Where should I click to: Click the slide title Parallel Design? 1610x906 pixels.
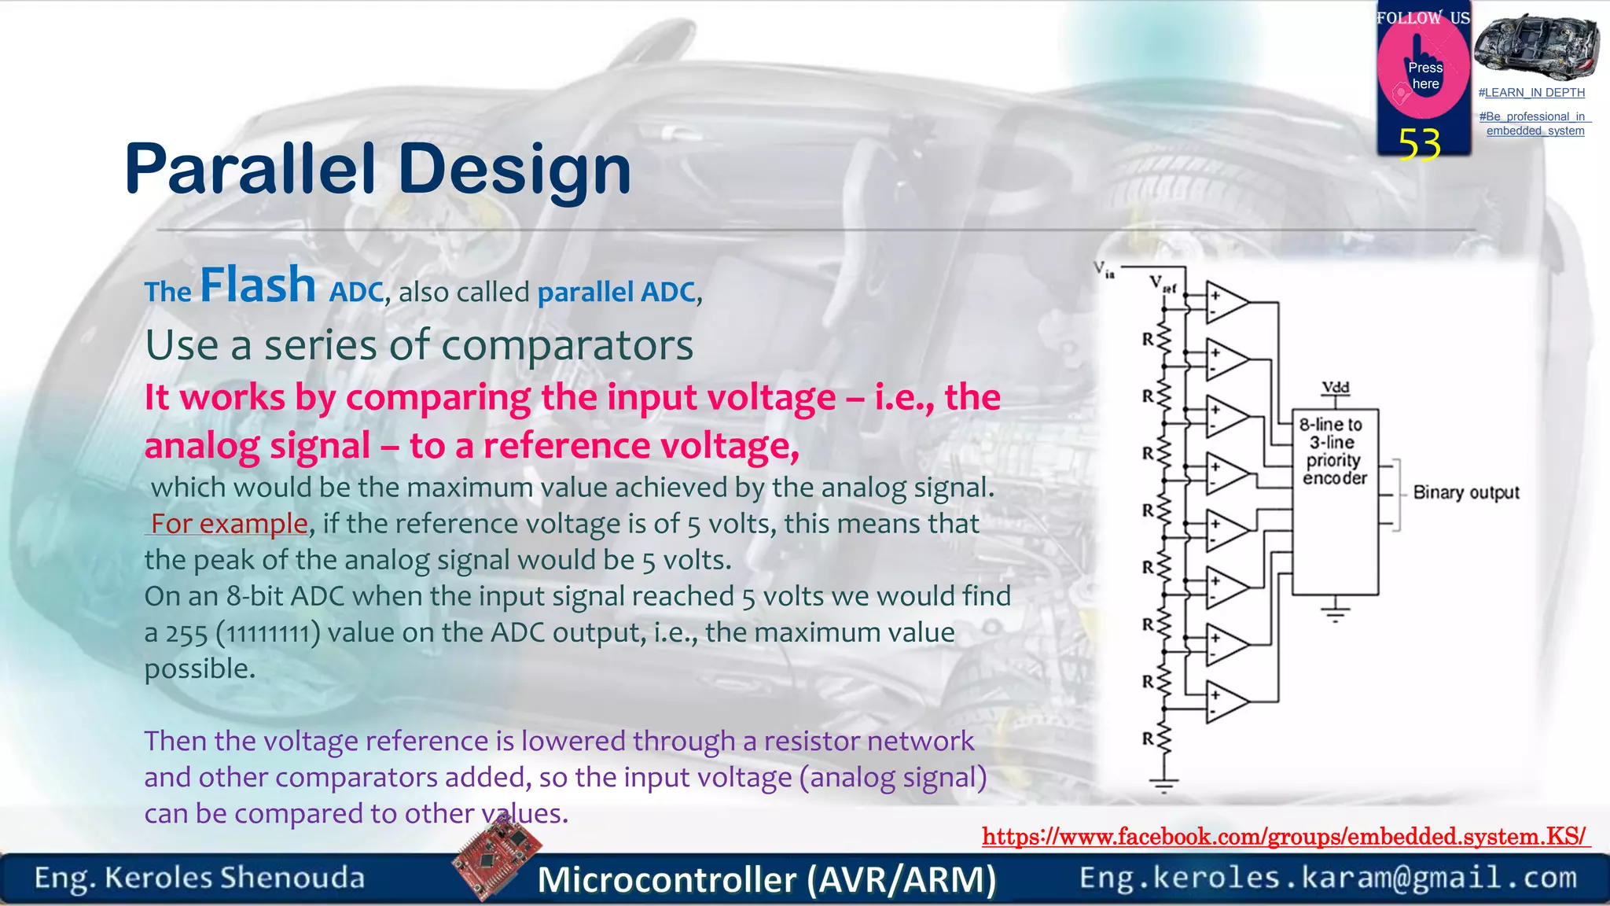click(377, 169)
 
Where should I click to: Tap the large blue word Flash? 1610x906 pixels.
click(258, 285)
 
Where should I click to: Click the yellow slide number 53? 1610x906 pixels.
click(1419, 145)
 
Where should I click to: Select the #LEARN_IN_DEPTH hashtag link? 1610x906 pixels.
click(1531, 93)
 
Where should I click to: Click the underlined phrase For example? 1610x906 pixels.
click(229, 524)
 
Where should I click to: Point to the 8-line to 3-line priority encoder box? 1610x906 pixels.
click(1335, 501)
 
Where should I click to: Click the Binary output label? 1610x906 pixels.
click(1465, 493)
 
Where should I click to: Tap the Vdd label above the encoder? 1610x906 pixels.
click(1335, 388)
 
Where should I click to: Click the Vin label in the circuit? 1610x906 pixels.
click(1104, 270)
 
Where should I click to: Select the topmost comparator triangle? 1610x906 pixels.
click(1226, 303)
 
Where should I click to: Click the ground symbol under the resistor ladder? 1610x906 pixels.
click(1164, 783)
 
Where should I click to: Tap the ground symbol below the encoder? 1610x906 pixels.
click(1335, 612)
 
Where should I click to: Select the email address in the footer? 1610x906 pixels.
click(1328, 877)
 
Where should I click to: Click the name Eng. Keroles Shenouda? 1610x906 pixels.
click(200, 878)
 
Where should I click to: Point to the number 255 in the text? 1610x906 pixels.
click(186, 633)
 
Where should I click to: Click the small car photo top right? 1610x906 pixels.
click(1536, 47)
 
